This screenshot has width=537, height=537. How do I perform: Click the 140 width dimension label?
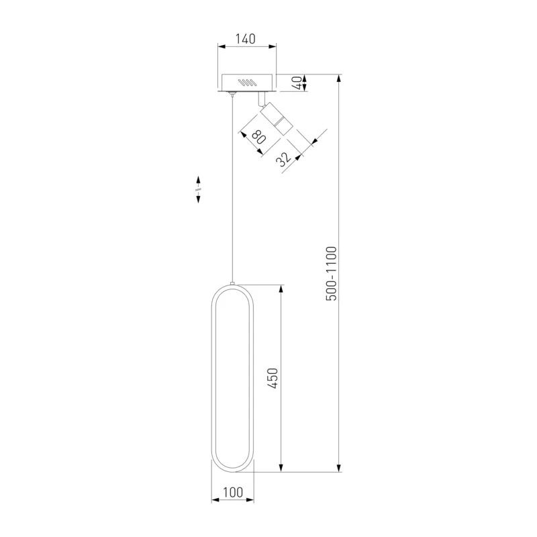pyautogui.click(x=245, y=39)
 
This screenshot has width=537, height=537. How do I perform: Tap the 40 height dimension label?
pyautogui.click(x=297, y=83)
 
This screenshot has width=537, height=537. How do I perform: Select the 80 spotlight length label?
pyautogui.click(x=259, y=136)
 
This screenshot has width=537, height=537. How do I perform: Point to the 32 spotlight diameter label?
pyautogui.click(x=284, y=159)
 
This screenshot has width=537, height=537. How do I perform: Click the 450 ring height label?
pyautogui.click(x=273, y=379)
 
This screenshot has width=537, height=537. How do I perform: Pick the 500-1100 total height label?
pyautogui.click(x=331, y=273)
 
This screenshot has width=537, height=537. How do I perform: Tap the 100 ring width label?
pyautogui.click(x=233, y=492)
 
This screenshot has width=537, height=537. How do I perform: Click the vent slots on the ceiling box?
pyautogui.click(x=247, y=83)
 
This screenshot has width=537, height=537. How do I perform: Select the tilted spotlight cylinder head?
pyautogui.click(x=276, y=119)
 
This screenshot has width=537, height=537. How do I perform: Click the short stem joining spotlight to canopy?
pyautogui.click(x=261, y=99)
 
